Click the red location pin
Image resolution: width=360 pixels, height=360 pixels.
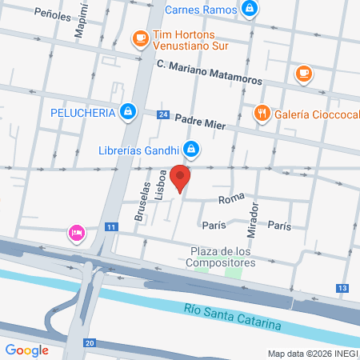(182, 178)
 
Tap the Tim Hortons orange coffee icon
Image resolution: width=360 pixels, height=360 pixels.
(140, 37)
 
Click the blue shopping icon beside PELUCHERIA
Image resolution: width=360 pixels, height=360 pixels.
(127, 111)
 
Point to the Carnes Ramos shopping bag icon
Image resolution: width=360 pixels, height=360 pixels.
(250, 9)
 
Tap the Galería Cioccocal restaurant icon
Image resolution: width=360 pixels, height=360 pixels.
(261, 113)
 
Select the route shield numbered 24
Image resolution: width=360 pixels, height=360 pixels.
(163, 115)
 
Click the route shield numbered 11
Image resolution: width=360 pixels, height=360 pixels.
(111, 228)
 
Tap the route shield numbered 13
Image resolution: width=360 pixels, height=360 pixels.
(342, 288)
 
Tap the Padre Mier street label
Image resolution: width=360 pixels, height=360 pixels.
(200, 121)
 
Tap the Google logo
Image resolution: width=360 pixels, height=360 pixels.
(26, 350)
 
